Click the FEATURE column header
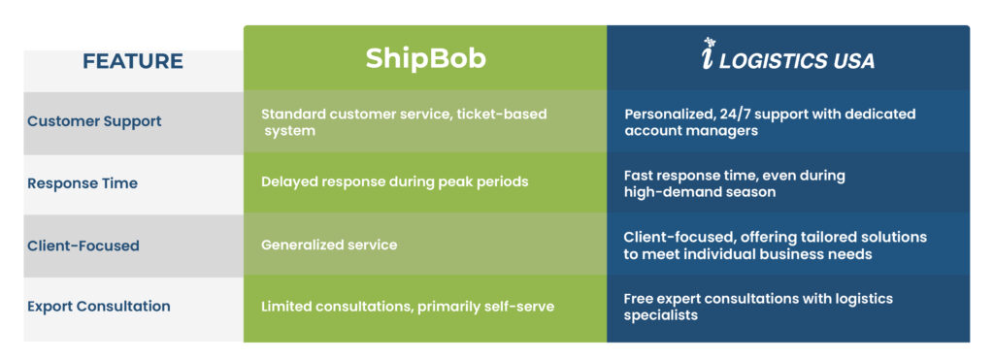point(132,61)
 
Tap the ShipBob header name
point(425,59)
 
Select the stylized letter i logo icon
point(709,54)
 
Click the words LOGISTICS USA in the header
point(798,61)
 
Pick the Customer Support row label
point(94,121)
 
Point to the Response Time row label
point(83,183)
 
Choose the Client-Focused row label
point(83,245)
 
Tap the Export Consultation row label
point(99,306)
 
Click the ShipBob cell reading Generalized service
point(329,245)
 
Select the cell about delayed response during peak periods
point(395,181)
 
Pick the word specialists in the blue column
point(661,315)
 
